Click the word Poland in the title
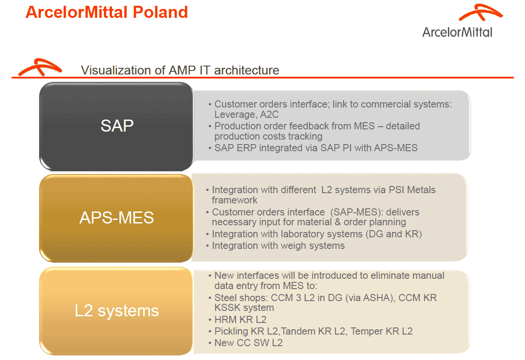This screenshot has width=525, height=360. click(x=160, y=12)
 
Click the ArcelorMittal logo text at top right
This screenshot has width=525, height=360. click(x=457, y=32)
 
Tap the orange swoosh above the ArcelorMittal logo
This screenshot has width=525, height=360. click(x=481, y=12)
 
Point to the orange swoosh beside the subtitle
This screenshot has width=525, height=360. click(x=40, y=67)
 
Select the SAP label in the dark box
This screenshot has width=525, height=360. click(x=117, y=126)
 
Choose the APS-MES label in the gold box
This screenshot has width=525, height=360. click(x=116, y=218)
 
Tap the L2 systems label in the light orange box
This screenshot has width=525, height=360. click(x=116, y=310)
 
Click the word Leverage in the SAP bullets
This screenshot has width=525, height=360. click(x=234, y=115)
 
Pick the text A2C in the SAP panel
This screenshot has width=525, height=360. click(x=269, y=115)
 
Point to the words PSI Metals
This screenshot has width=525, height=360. click(x=412, y=190)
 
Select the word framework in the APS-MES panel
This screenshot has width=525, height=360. click(x=234, y=200)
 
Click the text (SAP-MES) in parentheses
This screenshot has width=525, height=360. click(x=356, y=212)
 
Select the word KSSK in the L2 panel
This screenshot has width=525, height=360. click(x=225, y=308)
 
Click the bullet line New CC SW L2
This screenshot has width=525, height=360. click(x=248, y=343)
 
